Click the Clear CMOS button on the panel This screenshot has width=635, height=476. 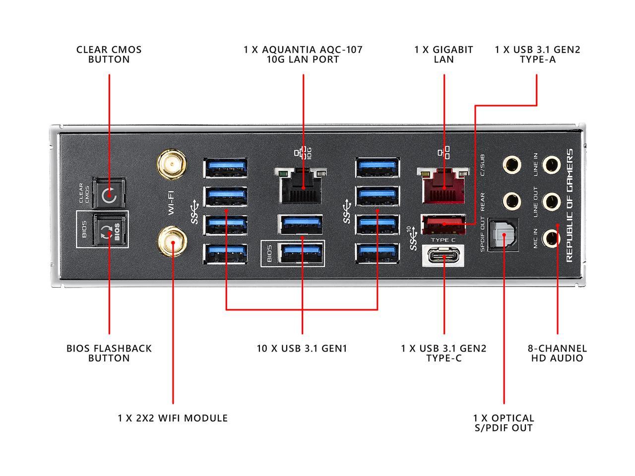pos(109,193)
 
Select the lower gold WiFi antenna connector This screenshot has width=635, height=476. pos(173,241)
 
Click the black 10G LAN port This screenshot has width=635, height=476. pos(301,185)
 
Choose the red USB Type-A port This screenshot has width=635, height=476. pos(444,224)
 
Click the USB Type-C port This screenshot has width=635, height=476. pos(444,255)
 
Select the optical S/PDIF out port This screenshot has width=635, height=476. pos(503,235)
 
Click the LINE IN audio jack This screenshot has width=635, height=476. pos(551,165)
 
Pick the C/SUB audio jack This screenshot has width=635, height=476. pos(512,165)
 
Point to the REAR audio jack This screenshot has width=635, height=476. pos(512,201)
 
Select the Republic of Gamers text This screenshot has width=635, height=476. pos(569,205)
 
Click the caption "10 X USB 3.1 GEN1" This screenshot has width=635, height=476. pos(302,348)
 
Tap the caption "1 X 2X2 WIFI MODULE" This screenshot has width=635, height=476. pos(173,418)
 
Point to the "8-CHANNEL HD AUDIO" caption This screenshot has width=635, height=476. pos(557,353)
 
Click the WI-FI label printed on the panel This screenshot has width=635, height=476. pos(171,202)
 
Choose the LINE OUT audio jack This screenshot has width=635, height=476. pos(551,201)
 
